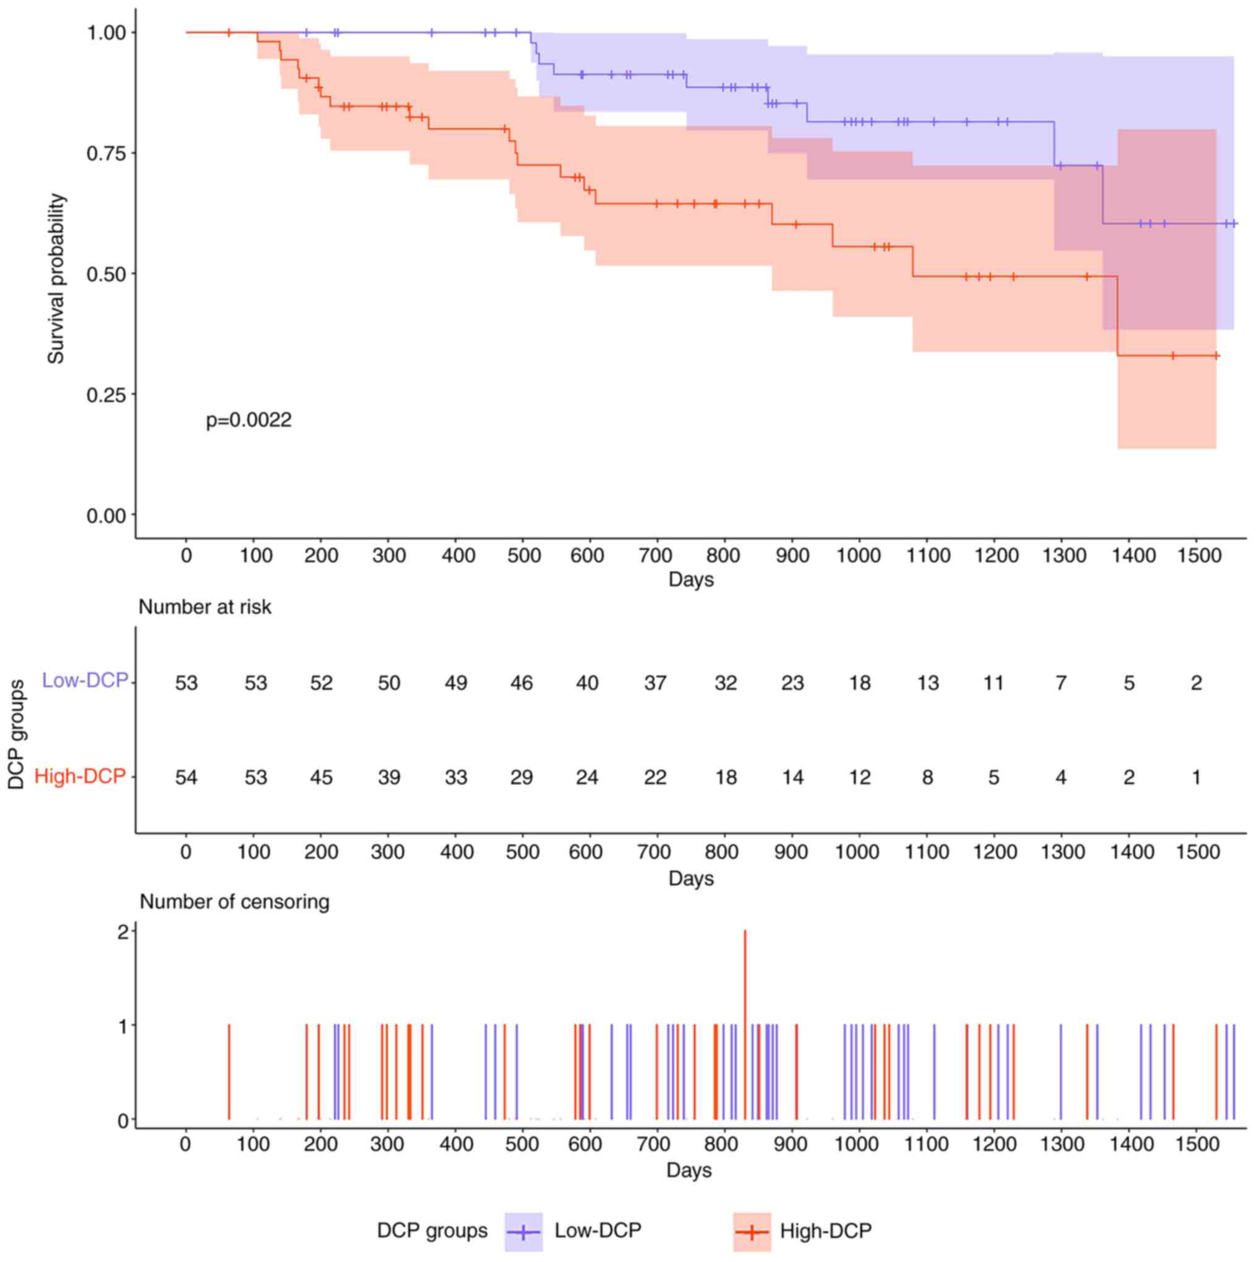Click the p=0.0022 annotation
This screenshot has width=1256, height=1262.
248,420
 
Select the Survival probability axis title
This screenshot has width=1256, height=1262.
56,279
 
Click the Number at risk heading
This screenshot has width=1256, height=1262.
205,607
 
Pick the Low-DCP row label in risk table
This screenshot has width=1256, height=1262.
85,681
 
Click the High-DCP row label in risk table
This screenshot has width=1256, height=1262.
80,776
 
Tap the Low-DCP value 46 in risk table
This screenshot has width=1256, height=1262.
522,683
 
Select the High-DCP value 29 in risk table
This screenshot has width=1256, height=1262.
522,777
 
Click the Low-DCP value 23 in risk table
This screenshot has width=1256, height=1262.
792,683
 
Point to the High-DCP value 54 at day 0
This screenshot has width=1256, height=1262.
186,777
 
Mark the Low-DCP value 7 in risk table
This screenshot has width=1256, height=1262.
1061,683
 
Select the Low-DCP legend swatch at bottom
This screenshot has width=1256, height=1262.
524,1232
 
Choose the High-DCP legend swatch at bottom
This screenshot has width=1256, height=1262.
752,1232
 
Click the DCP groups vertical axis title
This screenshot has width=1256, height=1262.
16,734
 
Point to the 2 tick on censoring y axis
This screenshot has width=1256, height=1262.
123,932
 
